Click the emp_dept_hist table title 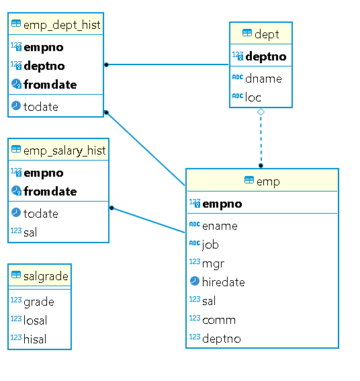[x=61, y=26]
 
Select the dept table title [x=267, y=34]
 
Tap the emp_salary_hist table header [x=64, y=151]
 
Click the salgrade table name [x=45, y=276]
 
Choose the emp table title [x=268, y=181]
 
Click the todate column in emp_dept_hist [x=41, y=107]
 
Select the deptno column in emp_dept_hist [x=44, y=66]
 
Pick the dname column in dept [x=263, y=79]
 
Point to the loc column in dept [x=253, y=97]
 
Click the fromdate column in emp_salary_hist [x=50, y=192]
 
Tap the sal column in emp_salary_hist [x=31, y=232]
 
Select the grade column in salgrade [x=38, y=302]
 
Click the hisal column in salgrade [x=35, y=339]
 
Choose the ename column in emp [x=220, y=226]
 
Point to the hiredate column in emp [x=223, y=282]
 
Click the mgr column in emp [x=213, y=263]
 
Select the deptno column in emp [x=221, y=339]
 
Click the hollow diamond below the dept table [x=261, y=112]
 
